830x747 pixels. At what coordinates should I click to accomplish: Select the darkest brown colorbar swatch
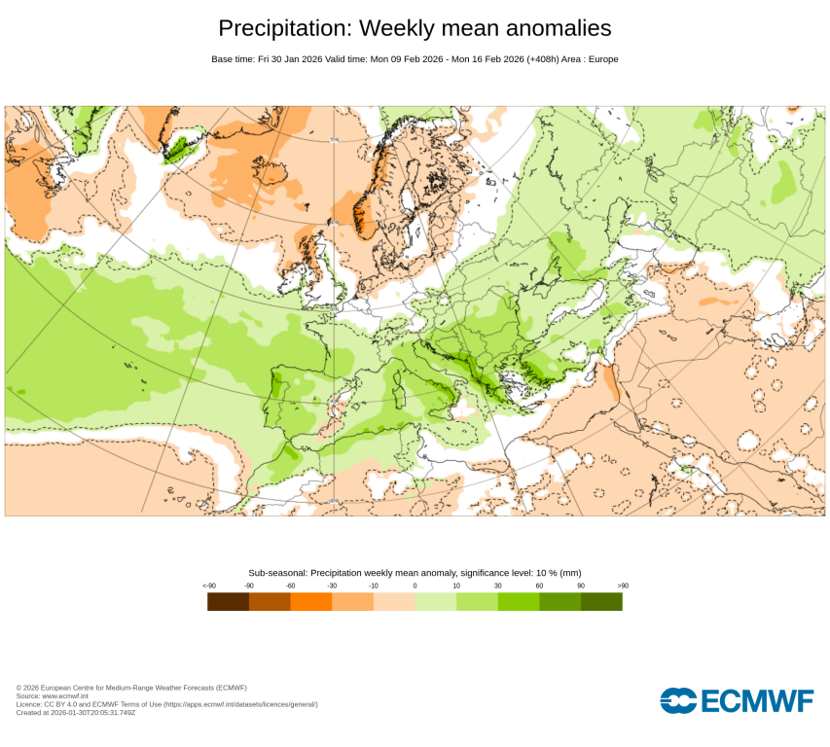[229, 602]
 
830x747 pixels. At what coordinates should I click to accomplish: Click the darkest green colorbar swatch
[601, 602]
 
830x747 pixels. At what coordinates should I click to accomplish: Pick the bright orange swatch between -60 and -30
[311, 602]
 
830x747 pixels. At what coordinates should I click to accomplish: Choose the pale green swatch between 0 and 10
[436, 602]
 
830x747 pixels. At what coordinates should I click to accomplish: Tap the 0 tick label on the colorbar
[415, 586]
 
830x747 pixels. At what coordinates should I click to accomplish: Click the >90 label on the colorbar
[623, 586]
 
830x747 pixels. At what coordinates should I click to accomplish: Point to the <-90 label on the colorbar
[208, 586]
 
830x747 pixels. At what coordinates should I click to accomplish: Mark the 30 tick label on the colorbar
[498, 586]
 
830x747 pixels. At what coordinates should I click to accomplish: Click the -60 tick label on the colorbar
[290, 586]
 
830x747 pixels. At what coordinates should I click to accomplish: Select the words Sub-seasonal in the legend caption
[277, 573]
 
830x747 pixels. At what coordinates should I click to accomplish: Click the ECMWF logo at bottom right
[736, 700]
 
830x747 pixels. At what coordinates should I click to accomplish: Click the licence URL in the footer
[239, 704]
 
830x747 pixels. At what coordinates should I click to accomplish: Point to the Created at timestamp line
[76, 712]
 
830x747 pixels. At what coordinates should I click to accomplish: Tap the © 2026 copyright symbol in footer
[18, 688]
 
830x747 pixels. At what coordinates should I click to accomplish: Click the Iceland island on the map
[179, 146]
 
